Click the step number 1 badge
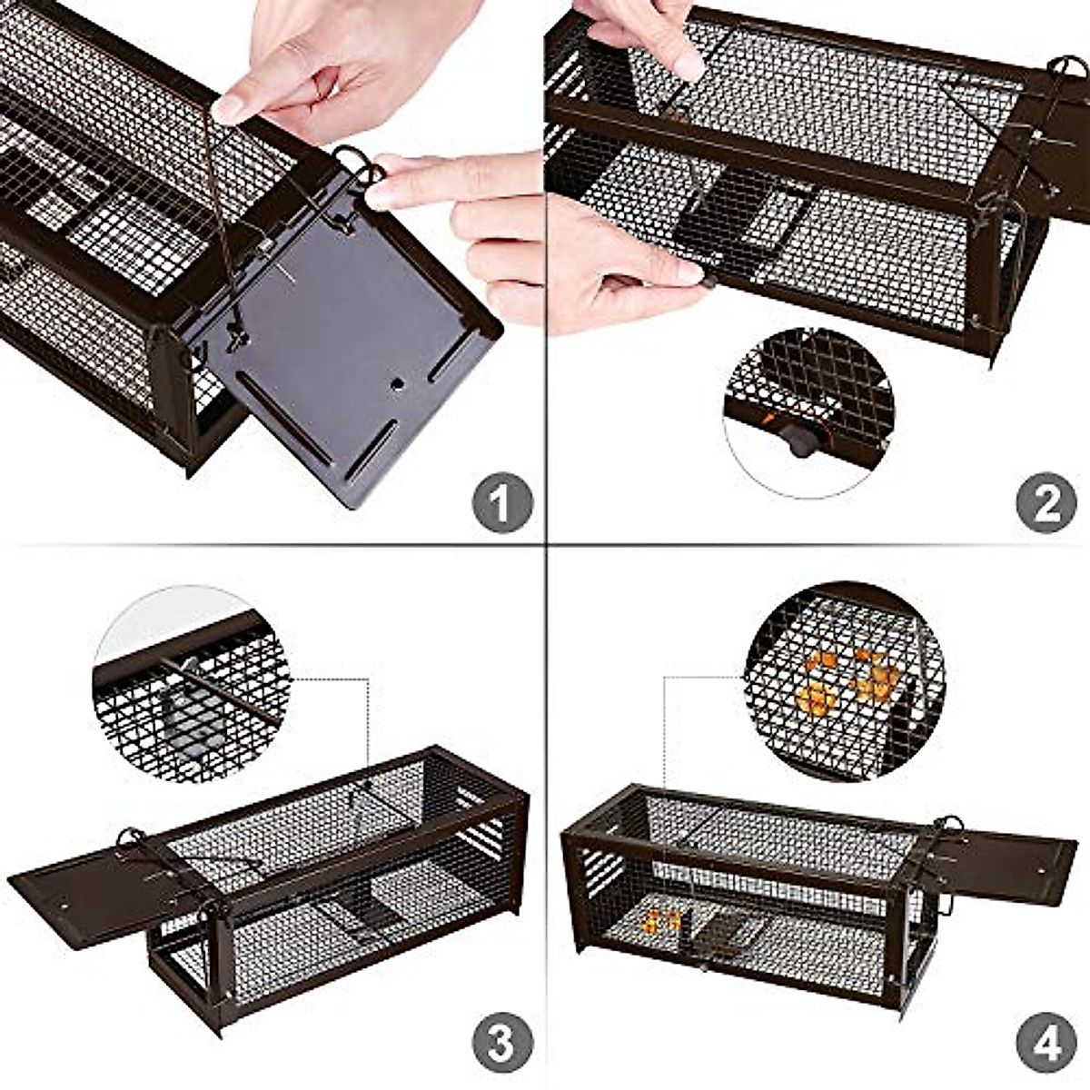(501, 501)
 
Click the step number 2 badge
(1046, 501)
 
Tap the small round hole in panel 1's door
(397, 384)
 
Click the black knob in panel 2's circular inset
(800, 441)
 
